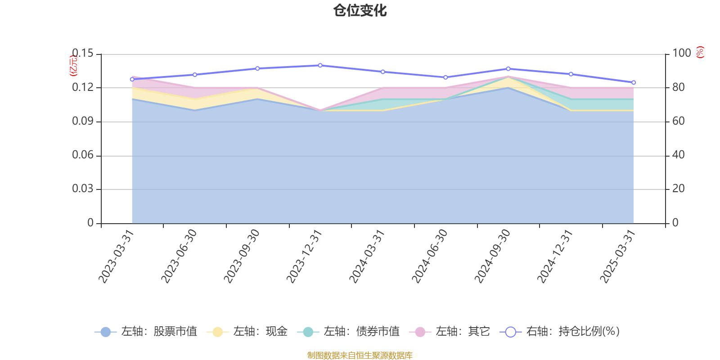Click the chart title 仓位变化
tap(360, 10)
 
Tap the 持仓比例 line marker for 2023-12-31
tap(320, 65)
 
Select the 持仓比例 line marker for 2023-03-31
tap(132, 79)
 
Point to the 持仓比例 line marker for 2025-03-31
tap(634, 82)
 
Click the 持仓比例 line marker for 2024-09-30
tap(508, 69)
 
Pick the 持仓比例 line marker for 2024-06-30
tap(445, 77)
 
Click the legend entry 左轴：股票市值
tap(146, 332)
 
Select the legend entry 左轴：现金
tap(247, 332)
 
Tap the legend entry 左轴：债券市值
tap(348, 332)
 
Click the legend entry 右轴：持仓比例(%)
tap(560, 332)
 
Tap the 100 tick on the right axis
tap(681, 54)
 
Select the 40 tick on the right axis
tap(678, 155)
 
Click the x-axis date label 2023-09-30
tap(242, 256)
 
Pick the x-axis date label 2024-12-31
tap(555, 256)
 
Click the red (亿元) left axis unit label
tap(73, 66)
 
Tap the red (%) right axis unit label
tap(700, 52)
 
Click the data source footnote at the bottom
tap(360, 355)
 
